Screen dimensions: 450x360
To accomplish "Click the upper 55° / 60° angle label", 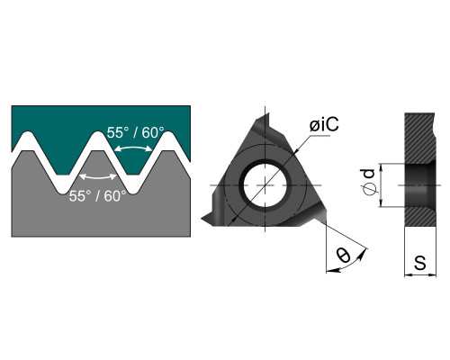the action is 136,132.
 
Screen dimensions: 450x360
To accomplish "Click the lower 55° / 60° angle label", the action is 98,196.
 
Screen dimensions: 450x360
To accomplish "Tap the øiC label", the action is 324,124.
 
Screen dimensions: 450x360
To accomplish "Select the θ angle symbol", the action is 343,255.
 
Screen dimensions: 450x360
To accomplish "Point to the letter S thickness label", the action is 420,263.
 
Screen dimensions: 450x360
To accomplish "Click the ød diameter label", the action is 369,182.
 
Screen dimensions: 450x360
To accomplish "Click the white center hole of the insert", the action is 265,185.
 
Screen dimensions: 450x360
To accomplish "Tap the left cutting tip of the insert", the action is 202,218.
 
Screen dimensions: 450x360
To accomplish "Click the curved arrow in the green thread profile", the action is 133,147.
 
